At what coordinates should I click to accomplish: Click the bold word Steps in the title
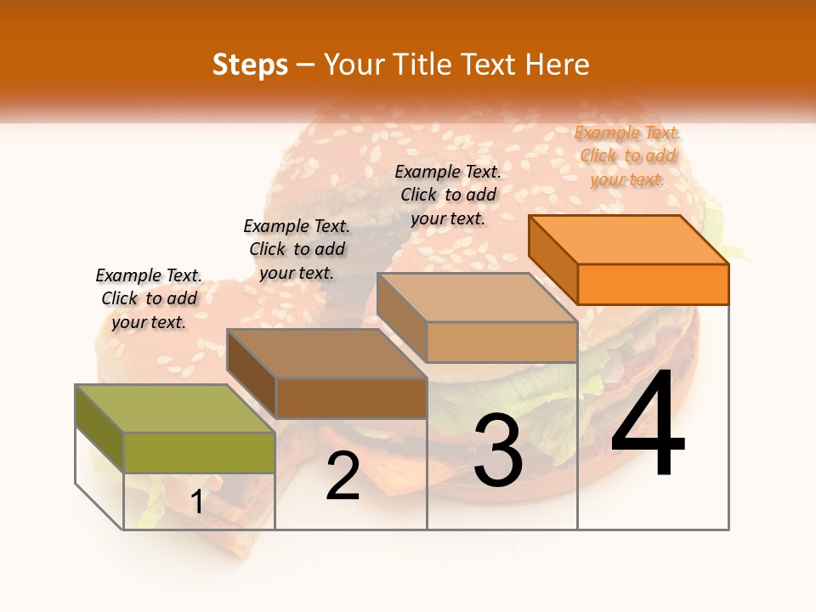pos(250,65)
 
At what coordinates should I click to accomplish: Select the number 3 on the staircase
pos(498,450)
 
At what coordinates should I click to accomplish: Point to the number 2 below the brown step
pos(343,476)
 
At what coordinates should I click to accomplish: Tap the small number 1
pos(197,501)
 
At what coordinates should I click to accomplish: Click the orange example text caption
pos(627,156)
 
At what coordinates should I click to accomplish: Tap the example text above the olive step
pos(149,298)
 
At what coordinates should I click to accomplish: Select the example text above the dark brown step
pos(297,249)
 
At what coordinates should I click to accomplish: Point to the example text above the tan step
pos(448,195)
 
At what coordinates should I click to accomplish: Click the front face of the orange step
pos(653,284)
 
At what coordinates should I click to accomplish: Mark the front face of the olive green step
pos(199,452)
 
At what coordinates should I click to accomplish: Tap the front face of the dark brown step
pos(351,398)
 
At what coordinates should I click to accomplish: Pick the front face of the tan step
pos(501,342)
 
